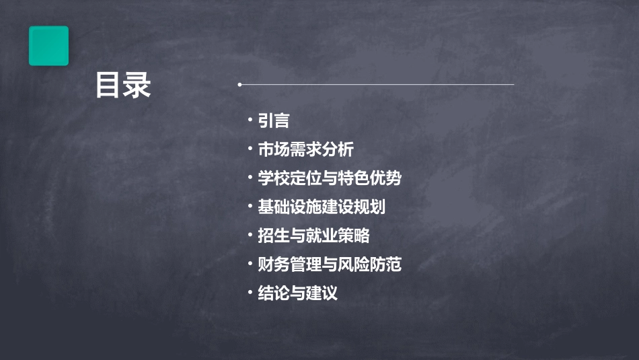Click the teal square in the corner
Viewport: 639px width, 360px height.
(48, 46)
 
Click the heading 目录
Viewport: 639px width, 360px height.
(123, 85)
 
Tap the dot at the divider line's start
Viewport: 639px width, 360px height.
(239, 85)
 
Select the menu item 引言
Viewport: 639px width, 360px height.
(274, 120)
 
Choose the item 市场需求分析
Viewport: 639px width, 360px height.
(305, 149)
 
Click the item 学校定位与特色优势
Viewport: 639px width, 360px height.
(330, 178)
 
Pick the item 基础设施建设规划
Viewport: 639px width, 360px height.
(322, 207)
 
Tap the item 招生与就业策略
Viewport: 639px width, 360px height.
(313, 236)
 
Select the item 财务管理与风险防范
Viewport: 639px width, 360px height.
(330, 264)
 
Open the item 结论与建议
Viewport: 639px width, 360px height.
(297, 293)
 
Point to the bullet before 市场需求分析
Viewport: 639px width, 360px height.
(250, 149)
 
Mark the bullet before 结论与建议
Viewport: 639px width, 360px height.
(250, 293)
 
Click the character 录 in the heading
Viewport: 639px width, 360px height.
(138, 85)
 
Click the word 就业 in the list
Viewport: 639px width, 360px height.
(330, 236)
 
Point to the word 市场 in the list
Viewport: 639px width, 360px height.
(274, 149)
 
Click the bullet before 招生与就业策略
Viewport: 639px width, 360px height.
(250, 235)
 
